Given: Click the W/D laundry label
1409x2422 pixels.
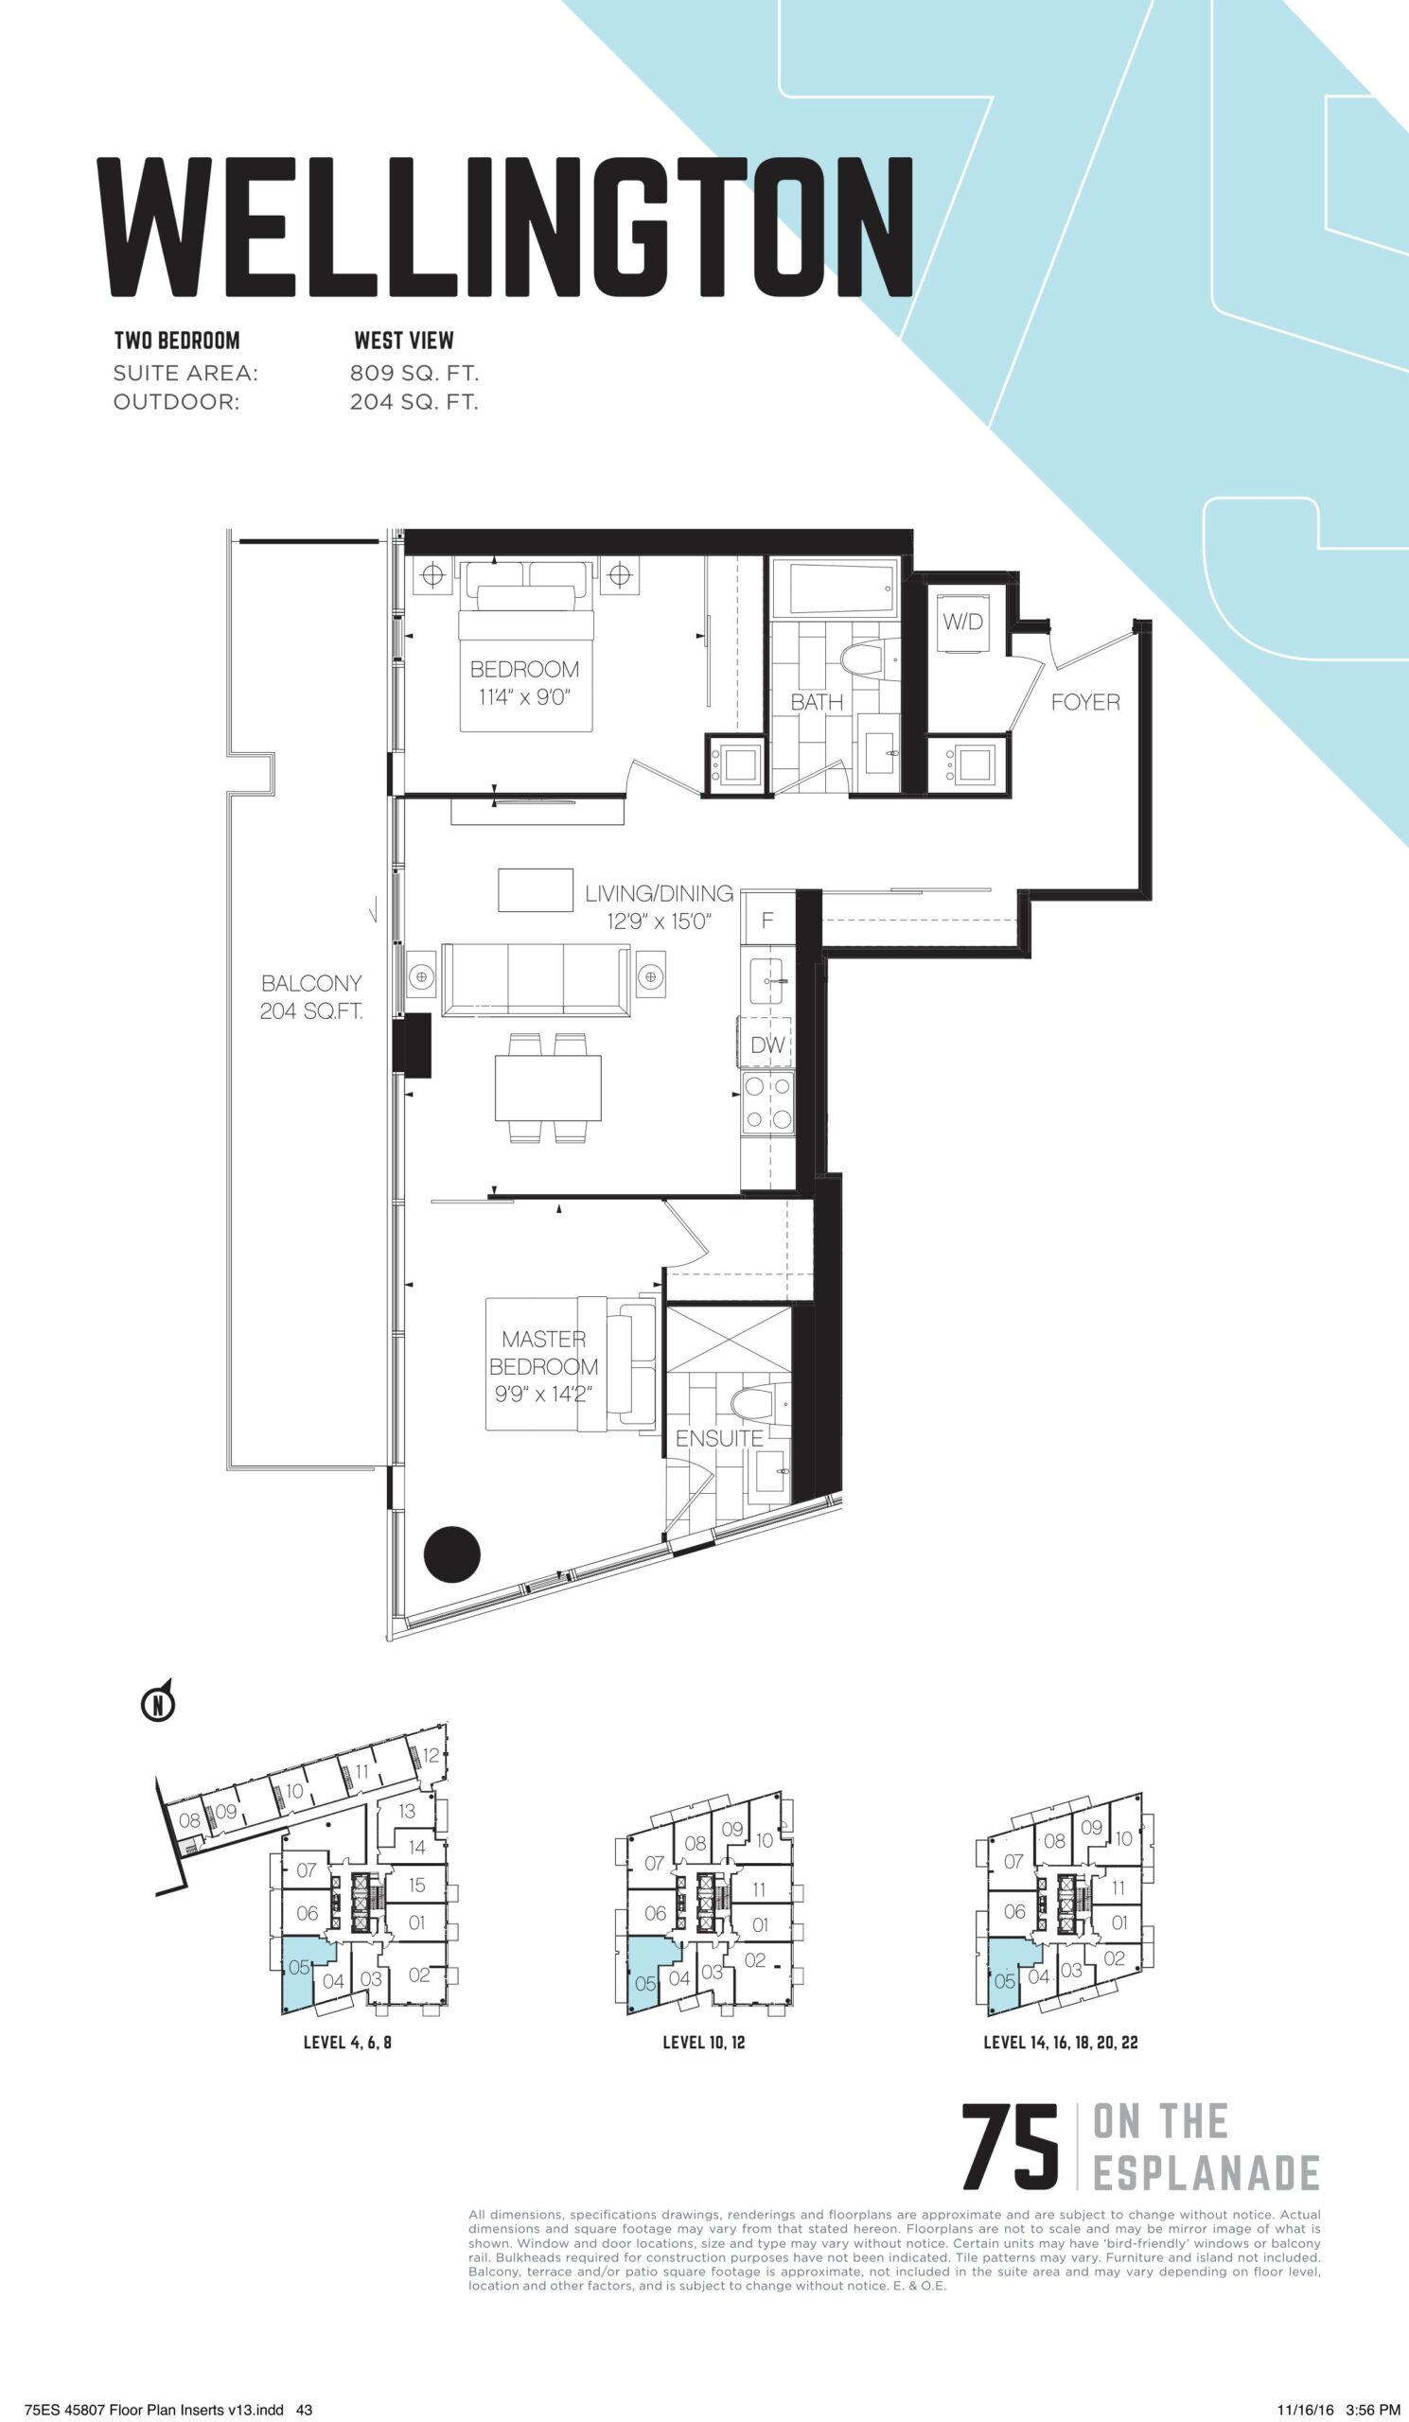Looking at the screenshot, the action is click(963, 622).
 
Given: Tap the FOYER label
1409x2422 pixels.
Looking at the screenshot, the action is click(1085, 703).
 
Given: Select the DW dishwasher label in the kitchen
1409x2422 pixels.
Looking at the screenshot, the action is click(768, 1045).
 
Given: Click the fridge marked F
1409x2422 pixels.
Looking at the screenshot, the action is click(768, 921).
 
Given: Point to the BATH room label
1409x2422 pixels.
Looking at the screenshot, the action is click(817, 703).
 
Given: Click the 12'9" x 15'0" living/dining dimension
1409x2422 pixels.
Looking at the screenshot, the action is click(659, 921).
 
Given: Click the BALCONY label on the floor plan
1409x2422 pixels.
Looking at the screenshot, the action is click(311, 983).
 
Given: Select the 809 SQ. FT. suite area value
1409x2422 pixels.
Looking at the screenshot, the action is click(414, 372).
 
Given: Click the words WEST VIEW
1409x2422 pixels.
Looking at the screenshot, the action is click(404, 341).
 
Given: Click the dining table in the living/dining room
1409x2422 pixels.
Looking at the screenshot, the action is click(549, 1087).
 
